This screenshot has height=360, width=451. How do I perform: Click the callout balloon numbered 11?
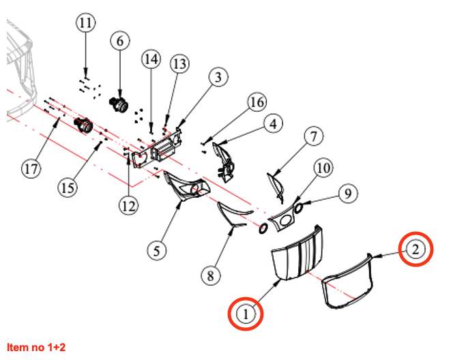point(85,24)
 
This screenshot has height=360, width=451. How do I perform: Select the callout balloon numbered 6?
point(120,41)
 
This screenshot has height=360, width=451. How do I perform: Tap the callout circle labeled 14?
point(151,60)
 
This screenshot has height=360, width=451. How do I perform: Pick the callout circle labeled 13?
point(179,64)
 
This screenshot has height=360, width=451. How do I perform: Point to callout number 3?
point(218,78)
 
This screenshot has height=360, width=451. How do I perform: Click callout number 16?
point(257,102)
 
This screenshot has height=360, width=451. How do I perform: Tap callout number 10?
point(323,168)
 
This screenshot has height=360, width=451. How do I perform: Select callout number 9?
point(347,194)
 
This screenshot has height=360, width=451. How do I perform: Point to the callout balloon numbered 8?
point(210,275)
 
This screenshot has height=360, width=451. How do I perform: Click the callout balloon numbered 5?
point(158,250)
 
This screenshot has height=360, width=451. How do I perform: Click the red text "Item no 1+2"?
point(36,346)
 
